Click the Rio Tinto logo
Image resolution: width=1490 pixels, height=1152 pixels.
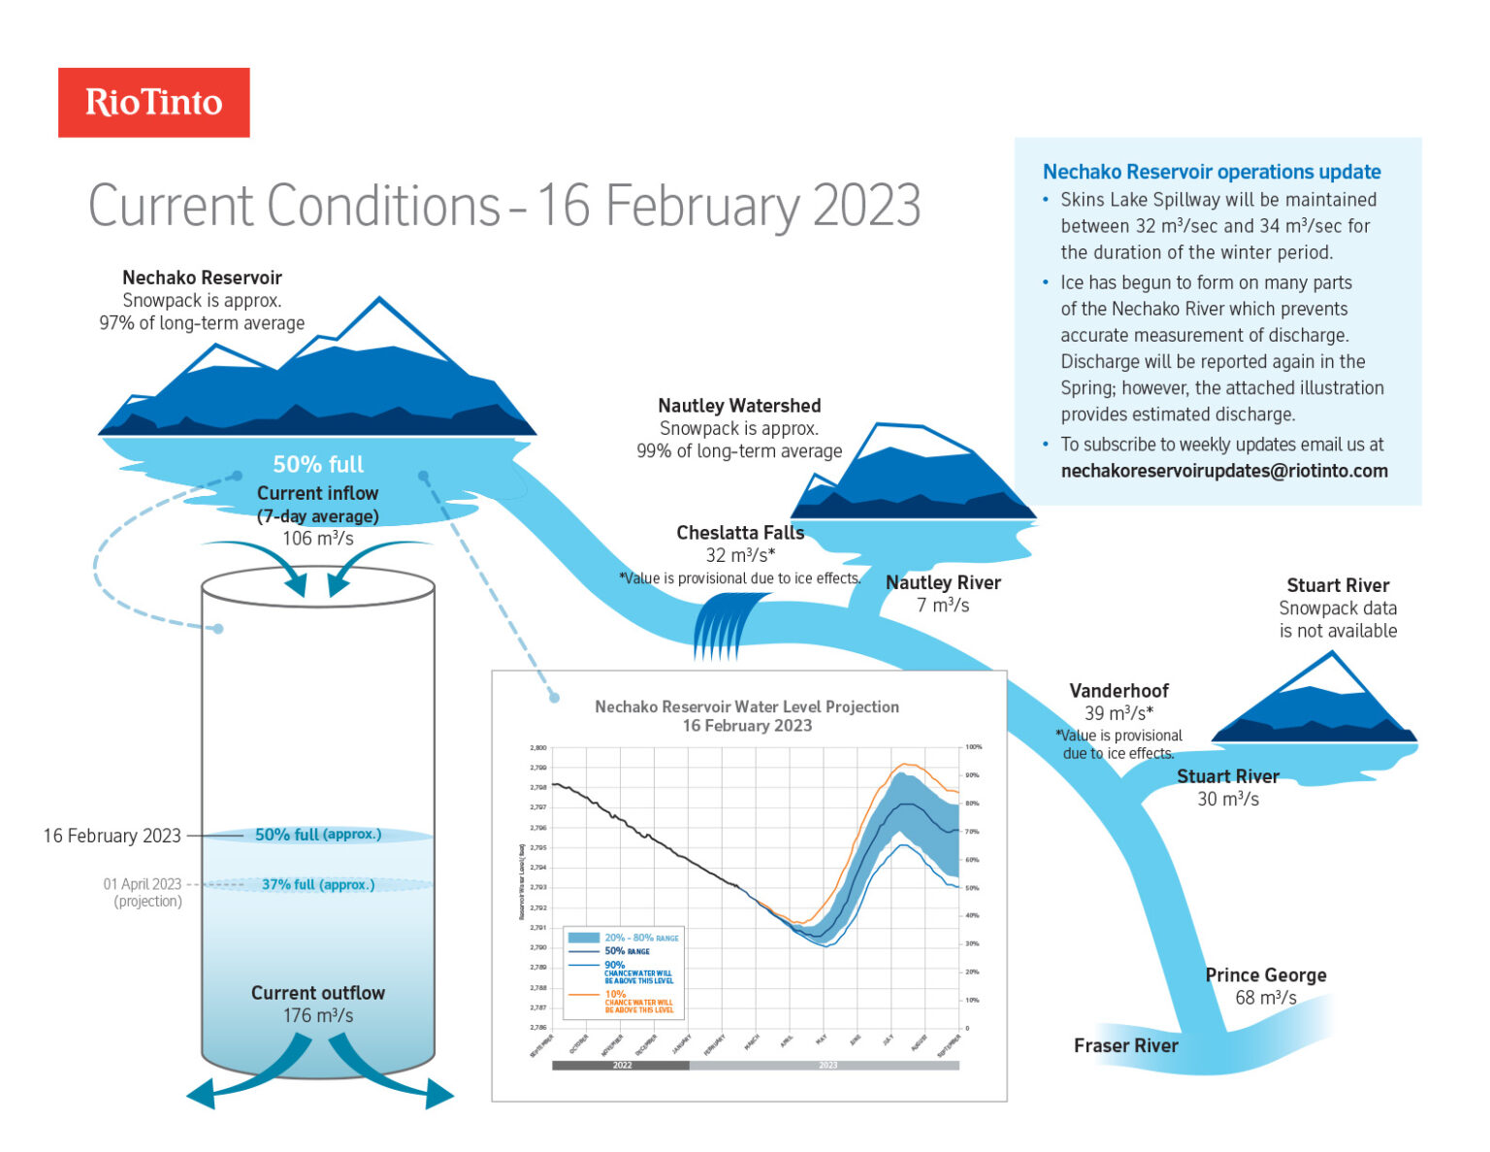click(153, 102)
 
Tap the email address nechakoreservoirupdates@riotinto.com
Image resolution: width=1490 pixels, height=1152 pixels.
click(1224, 471)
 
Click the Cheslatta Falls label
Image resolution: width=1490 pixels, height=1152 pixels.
click(740, 533)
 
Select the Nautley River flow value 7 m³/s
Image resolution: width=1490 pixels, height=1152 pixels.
click(943, 606)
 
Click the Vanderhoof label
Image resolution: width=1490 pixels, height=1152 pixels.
click(1118, 691)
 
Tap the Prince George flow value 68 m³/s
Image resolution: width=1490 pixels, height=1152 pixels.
click(1265, 998)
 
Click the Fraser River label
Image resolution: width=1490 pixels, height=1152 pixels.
click(1125, 1045)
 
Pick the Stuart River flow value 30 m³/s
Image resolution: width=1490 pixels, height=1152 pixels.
click(1227, 800)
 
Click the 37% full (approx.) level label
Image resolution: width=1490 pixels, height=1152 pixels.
click(318, 885)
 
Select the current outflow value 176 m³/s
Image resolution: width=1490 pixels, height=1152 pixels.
click(318, 1016)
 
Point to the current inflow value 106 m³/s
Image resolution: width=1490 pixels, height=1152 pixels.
click(318, 539)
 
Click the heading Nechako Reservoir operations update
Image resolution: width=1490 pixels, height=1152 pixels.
click(1212, 172)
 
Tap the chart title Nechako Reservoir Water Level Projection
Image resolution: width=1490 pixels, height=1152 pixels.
click(747, 707)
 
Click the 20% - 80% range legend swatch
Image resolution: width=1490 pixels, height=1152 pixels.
click(583, 938)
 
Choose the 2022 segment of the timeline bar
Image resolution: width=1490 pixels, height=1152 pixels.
click(621, 1066)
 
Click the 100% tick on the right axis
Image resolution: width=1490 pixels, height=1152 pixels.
click(973, 747)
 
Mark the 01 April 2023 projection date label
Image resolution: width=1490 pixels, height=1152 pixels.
click(143, 884)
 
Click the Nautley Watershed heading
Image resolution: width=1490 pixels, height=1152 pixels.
click(739, 406)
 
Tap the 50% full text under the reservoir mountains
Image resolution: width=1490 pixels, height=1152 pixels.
click(318, 465)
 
